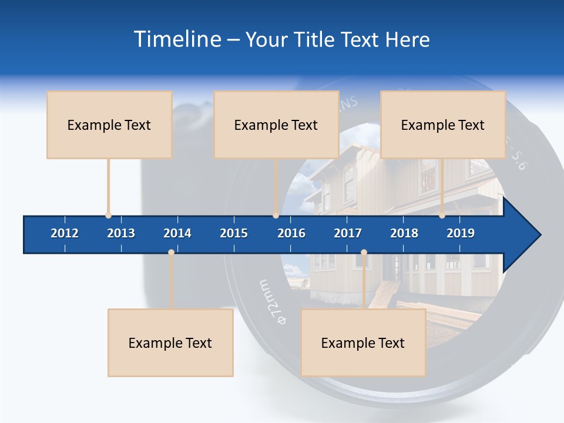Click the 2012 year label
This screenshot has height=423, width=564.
click(65, 233)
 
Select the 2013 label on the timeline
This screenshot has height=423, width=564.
click(121, 233)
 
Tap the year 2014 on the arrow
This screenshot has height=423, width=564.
click(177, 233)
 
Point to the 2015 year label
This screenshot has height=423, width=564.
click(234, 233)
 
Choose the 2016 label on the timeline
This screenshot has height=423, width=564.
click(291, 233)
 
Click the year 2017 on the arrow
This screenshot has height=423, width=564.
click(348, 233)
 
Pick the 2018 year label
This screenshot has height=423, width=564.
click(404, 233)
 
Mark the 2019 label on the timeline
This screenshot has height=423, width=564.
click(461, 233)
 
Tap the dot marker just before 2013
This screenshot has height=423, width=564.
click(108, 216)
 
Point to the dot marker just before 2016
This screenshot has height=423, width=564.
click(276, 216)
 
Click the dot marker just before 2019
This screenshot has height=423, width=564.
click(442, 216)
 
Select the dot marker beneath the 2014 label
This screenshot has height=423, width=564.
click(171, 253)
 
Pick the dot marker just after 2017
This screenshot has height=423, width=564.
click(364, 253)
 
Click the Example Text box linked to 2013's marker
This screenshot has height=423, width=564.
click(109, 125)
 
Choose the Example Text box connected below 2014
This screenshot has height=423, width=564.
click(170, 343)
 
